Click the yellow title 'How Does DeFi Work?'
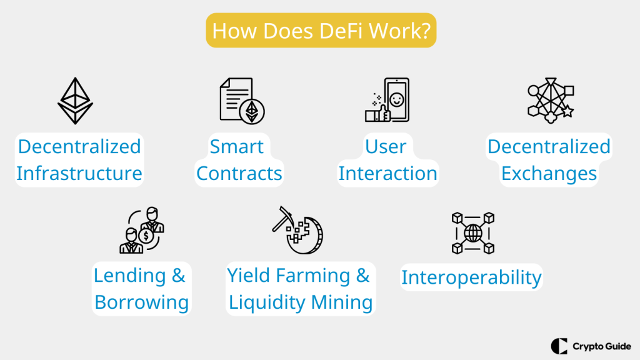(321, 31)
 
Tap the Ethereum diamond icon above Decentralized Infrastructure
(75, 101)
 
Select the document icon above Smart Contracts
(242, 101)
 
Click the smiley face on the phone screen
(396, 99)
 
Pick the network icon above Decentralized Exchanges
(551, 101)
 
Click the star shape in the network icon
(567, 111)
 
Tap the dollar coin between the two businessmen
(146, 236)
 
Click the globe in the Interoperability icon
(473, 233)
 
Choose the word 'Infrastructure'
(79, 173)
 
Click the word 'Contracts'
(239, 173)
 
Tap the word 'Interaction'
(387, 173)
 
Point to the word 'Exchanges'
(549, 173)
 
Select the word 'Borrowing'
(142, 302)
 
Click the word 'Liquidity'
(267, 302)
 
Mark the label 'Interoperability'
(471, 277)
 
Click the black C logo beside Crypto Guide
(559, 346)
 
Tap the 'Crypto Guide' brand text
(602, 346)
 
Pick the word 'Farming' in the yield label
(313, 276)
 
